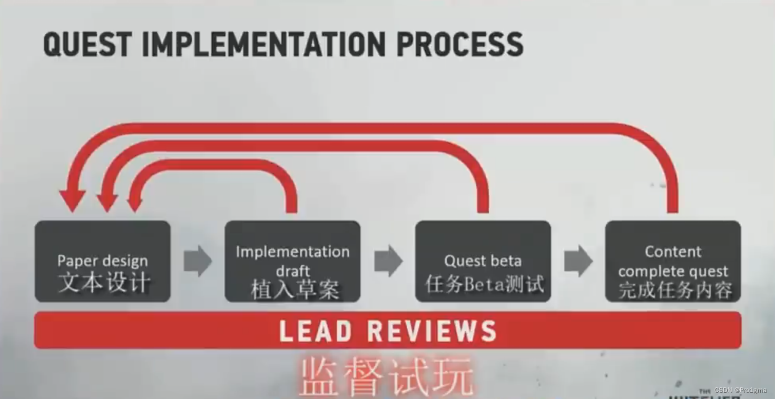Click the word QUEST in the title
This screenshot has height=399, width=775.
[87, 44]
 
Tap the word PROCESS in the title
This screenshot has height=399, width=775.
[459, 44]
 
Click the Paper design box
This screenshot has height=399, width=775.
[103, 261]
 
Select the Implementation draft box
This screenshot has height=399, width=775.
[292, 261]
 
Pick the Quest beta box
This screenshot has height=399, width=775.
[483, 261]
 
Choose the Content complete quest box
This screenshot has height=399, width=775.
[673, 261]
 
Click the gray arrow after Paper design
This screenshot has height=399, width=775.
[198, 261]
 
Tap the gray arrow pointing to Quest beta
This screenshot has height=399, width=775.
[388, 261]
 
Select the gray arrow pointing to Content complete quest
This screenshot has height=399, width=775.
[578, 261]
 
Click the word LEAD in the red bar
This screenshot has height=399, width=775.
[315, 331]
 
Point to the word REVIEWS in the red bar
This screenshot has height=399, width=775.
[431, 331]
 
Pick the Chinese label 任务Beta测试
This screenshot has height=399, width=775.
[484, 284]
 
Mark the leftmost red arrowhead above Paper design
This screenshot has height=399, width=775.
[72, 201]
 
